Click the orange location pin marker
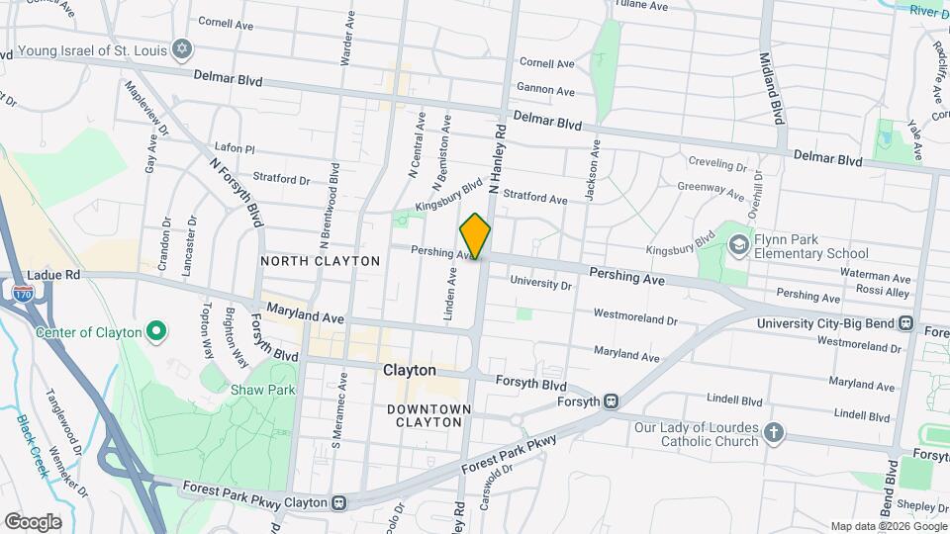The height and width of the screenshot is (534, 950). pyautogui.click(x=475, y=236)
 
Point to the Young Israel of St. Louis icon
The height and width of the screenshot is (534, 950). pyautogui.click(x=181, y=47)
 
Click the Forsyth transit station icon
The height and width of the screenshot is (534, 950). pyautogui.click(x=612, y=400)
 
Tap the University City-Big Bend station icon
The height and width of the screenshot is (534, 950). pyautogui.click(x=904, y=323)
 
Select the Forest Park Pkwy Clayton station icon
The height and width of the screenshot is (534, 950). pyautogui.click(x=338, y=502)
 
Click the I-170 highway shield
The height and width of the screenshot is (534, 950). pyautogui.click(x=23, y=293)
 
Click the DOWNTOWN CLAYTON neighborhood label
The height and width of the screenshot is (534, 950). pyautogui.click(x=424, y=415)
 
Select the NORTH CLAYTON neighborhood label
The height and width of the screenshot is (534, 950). pyautogui.click(x=320, y=261)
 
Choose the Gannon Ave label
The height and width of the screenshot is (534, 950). pyautogui.click(x=546, y=91)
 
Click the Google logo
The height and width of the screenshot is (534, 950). pyautogui.click(x=33, y=521)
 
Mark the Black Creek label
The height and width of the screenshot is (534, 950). pyautogui.click(x=33, y=445)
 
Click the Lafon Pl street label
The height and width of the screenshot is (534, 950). pyautogui.click(x=235, y=149)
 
